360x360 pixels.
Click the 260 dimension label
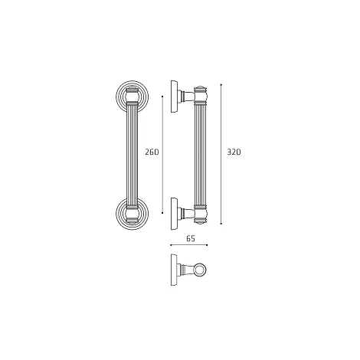[x=152, y=152]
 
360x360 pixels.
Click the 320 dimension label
[x=234, y=152]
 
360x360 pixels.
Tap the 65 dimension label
[x=191, y=239]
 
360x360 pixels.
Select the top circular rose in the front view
[x=132, y=97]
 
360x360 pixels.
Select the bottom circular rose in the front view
[x=132, y=214]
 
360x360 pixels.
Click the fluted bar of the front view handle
[x=132, y=155]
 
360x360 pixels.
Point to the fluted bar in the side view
[x=201, y=155]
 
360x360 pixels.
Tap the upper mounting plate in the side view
[x=174, y=97]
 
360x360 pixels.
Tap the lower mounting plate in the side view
[x=174, y=214]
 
